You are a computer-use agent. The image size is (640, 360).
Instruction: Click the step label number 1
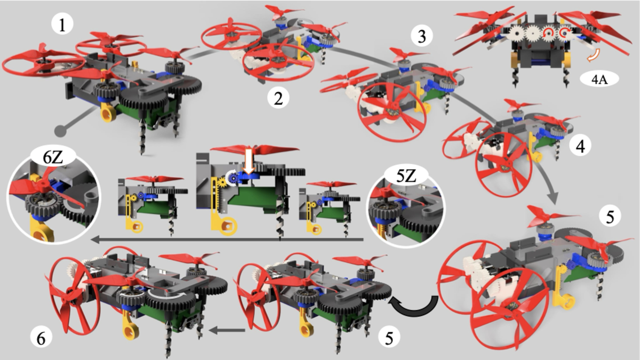point(62,25)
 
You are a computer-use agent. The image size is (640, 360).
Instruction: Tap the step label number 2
point(278,98)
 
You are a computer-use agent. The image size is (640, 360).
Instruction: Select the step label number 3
point(422,36)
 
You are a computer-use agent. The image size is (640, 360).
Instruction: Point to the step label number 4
point(580,146)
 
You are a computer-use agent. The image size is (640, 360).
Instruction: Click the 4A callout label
point(599,79)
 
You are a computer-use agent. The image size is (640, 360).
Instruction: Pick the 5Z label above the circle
point(406,176)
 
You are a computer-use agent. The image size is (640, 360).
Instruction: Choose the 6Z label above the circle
point(53,157)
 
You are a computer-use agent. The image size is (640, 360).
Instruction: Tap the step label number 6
point(41,339)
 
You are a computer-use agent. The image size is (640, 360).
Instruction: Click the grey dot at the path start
point(61,131)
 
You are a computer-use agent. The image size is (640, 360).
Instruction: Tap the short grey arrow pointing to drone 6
point(227,331)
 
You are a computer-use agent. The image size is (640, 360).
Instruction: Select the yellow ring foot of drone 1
point(108,114)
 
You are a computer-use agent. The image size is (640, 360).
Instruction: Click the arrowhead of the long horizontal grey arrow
point(95,239)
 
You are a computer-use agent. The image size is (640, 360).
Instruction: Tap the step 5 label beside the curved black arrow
point(389,337)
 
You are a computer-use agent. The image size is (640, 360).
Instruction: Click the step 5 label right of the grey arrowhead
point(610,217)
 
